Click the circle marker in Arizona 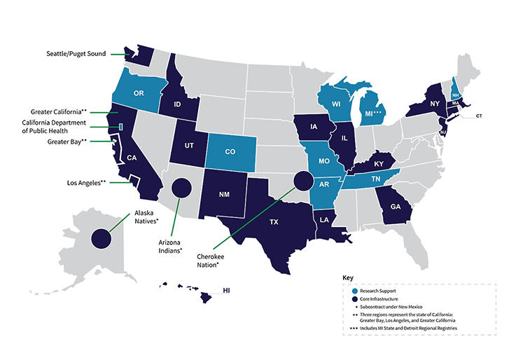181,188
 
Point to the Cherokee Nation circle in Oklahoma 302,181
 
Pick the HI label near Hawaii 226,289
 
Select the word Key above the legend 348,277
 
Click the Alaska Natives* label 144,217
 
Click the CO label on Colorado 231,151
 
